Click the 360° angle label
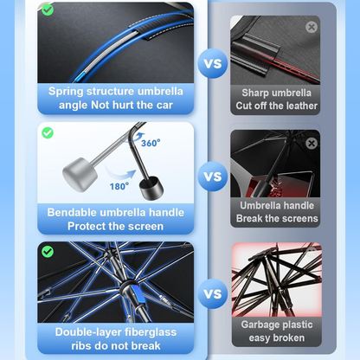click(x=150, y=144)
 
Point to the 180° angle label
click(x=119, y=184)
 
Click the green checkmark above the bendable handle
click(x=48, y=132)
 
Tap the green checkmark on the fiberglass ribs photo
click(x=48, y=249)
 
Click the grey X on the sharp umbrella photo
click(x=312, y=27)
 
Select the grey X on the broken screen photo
click(x=312, y=143)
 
